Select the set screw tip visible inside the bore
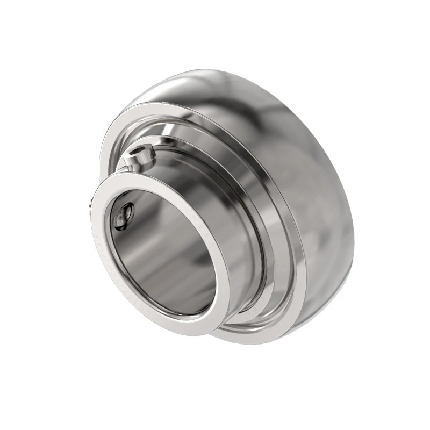tap(123, 215)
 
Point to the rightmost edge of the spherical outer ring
tap(353, 236)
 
